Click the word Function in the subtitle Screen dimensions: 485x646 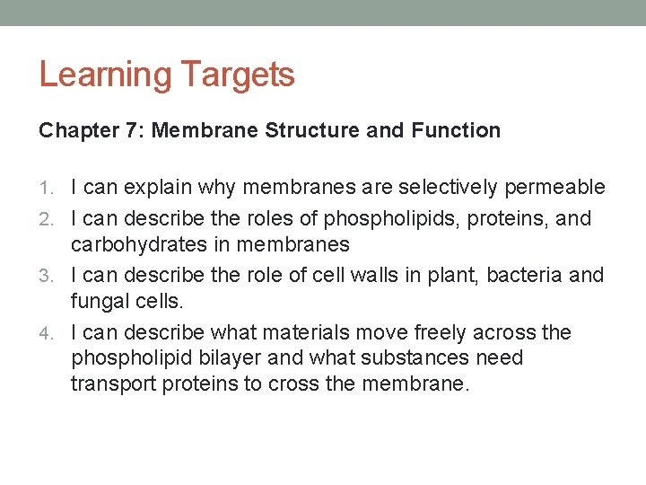pos(456,131)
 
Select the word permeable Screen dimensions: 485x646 pos(555,188)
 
